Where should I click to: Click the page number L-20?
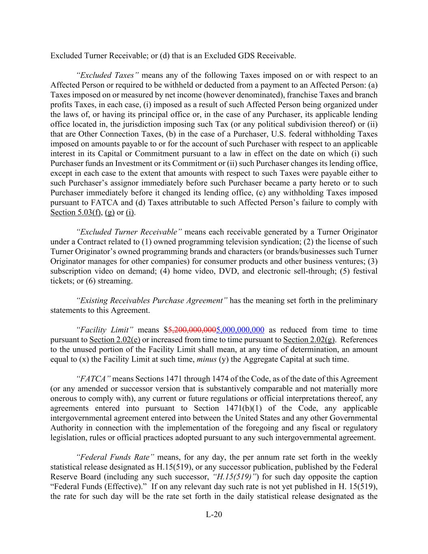click(214, 515)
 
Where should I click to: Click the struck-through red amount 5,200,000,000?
click(192, 330)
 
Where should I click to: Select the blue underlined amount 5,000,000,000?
click(240, 330)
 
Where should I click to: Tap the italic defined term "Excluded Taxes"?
click(108, 75)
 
